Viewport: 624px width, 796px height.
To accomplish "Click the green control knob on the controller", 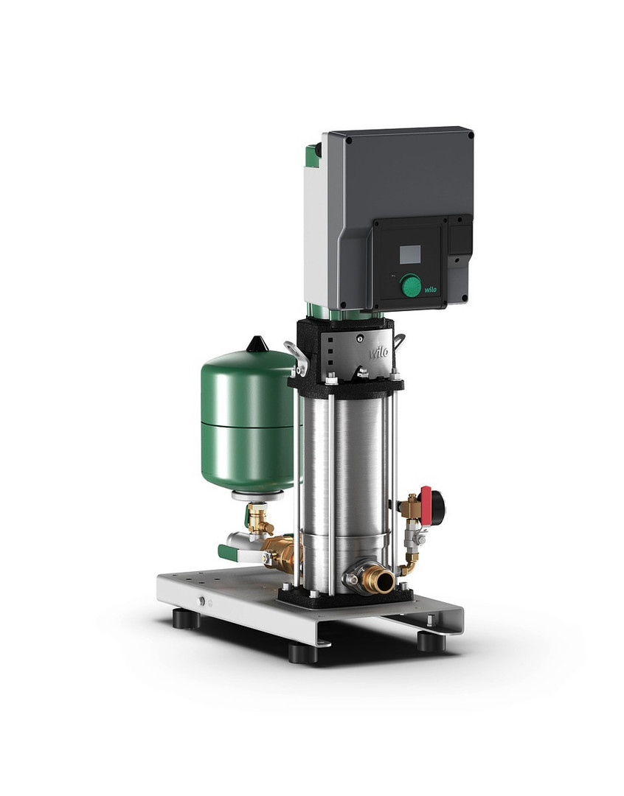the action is pos(411,285).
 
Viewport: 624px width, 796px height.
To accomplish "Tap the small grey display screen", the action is pos(410,254).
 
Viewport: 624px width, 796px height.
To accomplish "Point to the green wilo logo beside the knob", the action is pos(431,290).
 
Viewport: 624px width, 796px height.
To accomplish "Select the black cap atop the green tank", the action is pos(257,344).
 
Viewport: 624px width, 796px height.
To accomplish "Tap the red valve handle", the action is pos(426,506).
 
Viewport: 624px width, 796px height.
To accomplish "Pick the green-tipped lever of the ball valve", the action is pos(228,551).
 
